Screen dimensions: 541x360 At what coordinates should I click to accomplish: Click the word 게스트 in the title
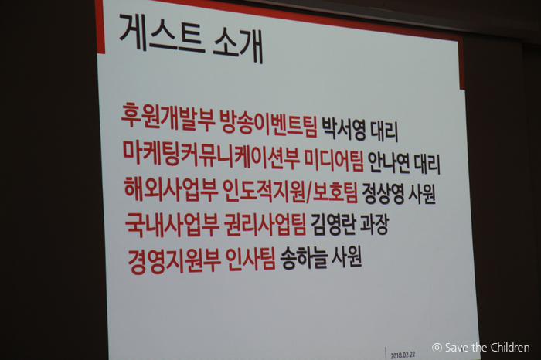coord(160,33)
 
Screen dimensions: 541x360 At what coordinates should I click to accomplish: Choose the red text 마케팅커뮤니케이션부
coord(211,155)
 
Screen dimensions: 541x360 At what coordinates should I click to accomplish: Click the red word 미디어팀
coord(334,161)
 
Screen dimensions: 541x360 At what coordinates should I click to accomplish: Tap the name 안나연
coord(389,163)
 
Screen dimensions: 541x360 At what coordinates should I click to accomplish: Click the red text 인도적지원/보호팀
coord(290,192)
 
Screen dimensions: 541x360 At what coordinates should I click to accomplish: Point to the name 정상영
coord(383,194)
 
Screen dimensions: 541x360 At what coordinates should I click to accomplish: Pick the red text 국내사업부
coord(172,225)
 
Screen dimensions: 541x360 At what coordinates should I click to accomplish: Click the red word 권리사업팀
coord(265,225)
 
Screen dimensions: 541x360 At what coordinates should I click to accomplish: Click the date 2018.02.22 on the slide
coord(403,355)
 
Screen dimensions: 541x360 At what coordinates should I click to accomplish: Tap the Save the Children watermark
coord(481,348)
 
